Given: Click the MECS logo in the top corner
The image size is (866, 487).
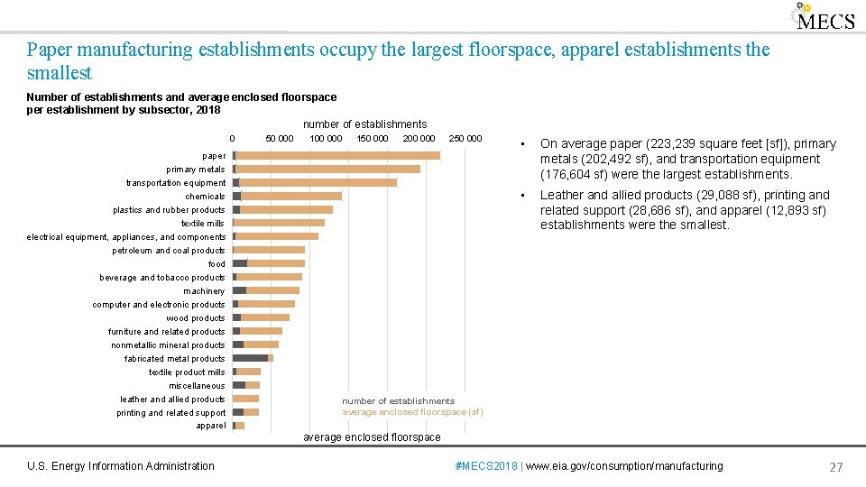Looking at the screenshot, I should [x=824, y=18].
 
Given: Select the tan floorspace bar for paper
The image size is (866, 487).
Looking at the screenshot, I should [x=338, y=155].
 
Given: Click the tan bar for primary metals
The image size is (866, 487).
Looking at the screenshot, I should [x=328, y=169].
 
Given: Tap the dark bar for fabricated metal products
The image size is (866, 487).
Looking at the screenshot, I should [x=250, y=358].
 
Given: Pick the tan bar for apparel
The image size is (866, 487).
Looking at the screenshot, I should [x=240, y=426].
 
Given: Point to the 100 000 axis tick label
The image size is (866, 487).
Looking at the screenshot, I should [x=326, y=139].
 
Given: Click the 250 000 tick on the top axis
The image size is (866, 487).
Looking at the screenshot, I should [x=465, y=139].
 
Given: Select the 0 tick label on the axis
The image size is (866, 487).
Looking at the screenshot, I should [x=232, y=139].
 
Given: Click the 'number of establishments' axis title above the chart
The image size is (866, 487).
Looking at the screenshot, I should [x=364, y=124].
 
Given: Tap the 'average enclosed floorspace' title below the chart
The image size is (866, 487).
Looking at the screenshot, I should [x=372, y=437].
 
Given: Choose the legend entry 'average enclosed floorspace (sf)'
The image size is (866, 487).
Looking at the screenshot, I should [x=412, y=412].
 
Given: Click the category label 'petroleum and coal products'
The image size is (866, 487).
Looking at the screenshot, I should [x=169, y=251].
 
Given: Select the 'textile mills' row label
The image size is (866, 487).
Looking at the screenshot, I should [x=203, y=224].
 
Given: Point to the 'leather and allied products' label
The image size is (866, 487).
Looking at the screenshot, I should [x=172, y=400].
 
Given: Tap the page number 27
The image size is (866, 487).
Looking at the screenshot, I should [x=835, y=466].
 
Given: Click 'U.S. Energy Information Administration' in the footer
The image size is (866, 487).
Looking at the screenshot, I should [x=121, y=466].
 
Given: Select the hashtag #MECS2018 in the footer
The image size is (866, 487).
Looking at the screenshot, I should [x=488, y=466].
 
